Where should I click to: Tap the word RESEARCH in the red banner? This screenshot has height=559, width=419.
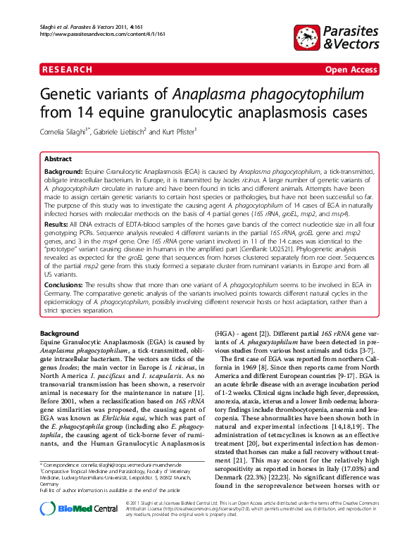(68, 70)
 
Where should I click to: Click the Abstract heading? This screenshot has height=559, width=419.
(58, 159)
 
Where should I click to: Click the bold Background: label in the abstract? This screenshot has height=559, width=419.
(63, 172)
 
